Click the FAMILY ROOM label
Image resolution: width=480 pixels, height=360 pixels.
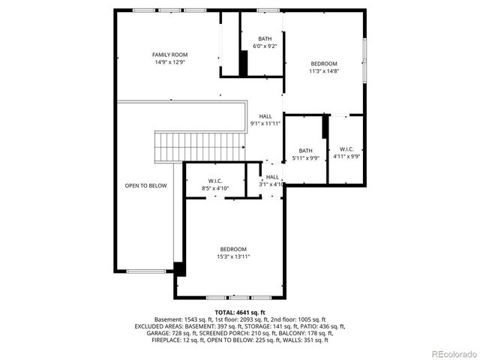[169, 55]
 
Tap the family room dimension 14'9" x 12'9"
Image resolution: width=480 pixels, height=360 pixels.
[169, 62]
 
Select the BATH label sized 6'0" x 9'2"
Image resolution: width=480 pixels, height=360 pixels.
[265, 39]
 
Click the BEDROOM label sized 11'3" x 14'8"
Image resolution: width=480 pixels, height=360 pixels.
[324, 64]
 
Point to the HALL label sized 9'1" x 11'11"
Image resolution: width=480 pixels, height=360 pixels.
[265, 116]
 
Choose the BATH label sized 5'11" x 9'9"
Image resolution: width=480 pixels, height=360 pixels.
[305, 149]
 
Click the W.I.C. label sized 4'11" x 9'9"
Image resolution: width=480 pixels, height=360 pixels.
[346, 149]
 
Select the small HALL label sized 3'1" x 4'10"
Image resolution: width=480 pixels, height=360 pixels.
[272, 177]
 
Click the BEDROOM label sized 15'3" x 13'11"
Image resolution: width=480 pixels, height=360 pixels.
[233, 249]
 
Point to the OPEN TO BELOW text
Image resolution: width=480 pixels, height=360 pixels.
[145, 185]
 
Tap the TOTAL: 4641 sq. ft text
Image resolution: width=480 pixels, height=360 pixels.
[240, 312]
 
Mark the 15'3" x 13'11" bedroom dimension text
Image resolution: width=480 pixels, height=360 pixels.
[233, 256]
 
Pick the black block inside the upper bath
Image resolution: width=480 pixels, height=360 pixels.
[244, 63]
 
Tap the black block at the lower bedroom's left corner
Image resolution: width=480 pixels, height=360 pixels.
[179, 268]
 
